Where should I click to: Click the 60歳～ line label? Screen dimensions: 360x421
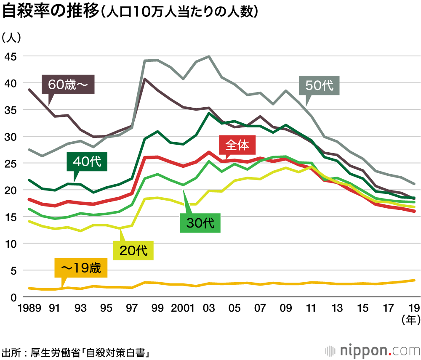pos(68,85)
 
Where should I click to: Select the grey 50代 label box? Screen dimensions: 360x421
pos(319,86)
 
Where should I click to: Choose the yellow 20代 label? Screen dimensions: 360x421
pos(133,250)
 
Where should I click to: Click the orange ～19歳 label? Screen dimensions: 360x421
pos(81,268)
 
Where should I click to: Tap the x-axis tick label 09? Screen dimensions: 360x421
pos(286,308)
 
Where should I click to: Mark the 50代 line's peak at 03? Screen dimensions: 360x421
pos(209,56)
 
